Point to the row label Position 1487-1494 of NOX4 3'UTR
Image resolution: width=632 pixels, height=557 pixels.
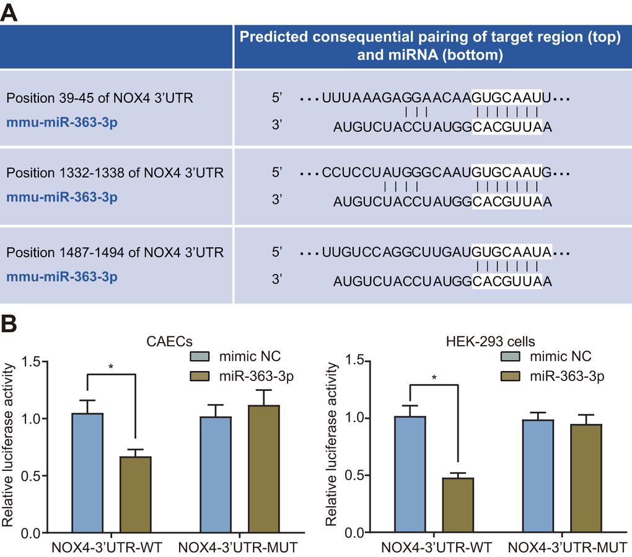click(115, 253)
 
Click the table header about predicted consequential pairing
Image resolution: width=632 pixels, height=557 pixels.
click(430, 46)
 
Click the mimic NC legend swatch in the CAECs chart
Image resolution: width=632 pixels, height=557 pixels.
click(200, 356)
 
